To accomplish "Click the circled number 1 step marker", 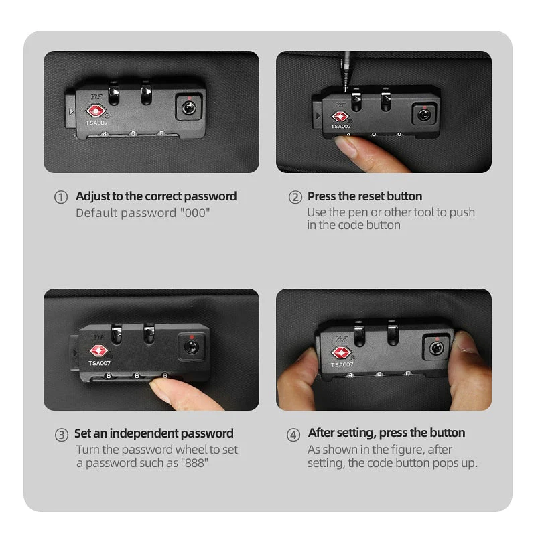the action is [61, 197].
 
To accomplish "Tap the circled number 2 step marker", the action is [295, 197].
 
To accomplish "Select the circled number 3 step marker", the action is [62, 435].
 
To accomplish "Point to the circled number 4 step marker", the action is [293, 435].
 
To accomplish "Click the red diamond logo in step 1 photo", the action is [96, 111].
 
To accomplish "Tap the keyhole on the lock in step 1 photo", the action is [188, 109].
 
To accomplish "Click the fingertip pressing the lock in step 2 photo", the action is [345, 146].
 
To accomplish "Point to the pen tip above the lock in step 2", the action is [346, 87].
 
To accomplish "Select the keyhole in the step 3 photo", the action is [192, 347].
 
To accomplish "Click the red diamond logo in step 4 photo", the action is [341, 353].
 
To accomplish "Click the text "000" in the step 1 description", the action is [195, 212].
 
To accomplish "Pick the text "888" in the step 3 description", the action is [194, 463].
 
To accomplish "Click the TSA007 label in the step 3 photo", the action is [99, 363].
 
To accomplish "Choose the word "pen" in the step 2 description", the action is [358, 213].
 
